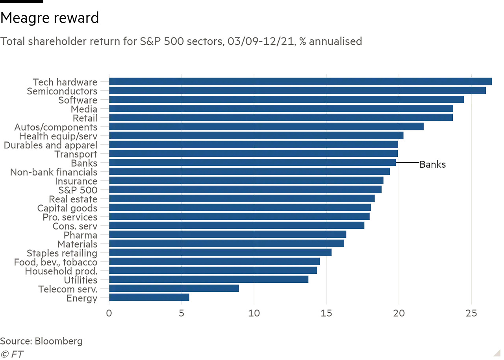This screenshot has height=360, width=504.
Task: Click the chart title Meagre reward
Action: tap(50, 18)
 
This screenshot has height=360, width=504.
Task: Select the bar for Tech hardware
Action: tap(300, 82)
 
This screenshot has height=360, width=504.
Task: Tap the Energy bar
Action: tap(149, 297)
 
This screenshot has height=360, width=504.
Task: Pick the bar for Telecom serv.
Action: tap(174, 288)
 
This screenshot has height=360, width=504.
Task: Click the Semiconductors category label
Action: tap(62, 91)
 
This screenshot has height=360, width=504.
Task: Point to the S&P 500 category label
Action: tap(76, 190)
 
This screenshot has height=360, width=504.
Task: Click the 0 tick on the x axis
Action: tap(109, 314)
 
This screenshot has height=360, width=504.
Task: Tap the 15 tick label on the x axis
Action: tap(326, 314)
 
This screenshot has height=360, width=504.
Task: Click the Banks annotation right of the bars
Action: tap(432, 165)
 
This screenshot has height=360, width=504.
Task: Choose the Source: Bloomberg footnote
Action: tap(41, 341)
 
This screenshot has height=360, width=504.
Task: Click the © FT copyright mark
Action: tap(11, 354)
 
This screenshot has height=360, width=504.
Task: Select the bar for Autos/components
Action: tap(266, 126)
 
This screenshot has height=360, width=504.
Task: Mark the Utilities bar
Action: tap(208, 279)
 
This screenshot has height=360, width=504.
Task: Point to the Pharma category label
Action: tap(80, 235)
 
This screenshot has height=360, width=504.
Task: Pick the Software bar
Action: tap(286, 100)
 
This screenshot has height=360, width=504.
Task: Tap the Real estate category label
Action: tap(73, 199)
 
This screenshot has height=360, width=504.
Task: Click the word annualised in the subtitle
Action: tap(335, 41)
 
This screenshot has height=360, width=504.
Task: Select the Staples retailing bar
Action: tap(220, 252)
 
